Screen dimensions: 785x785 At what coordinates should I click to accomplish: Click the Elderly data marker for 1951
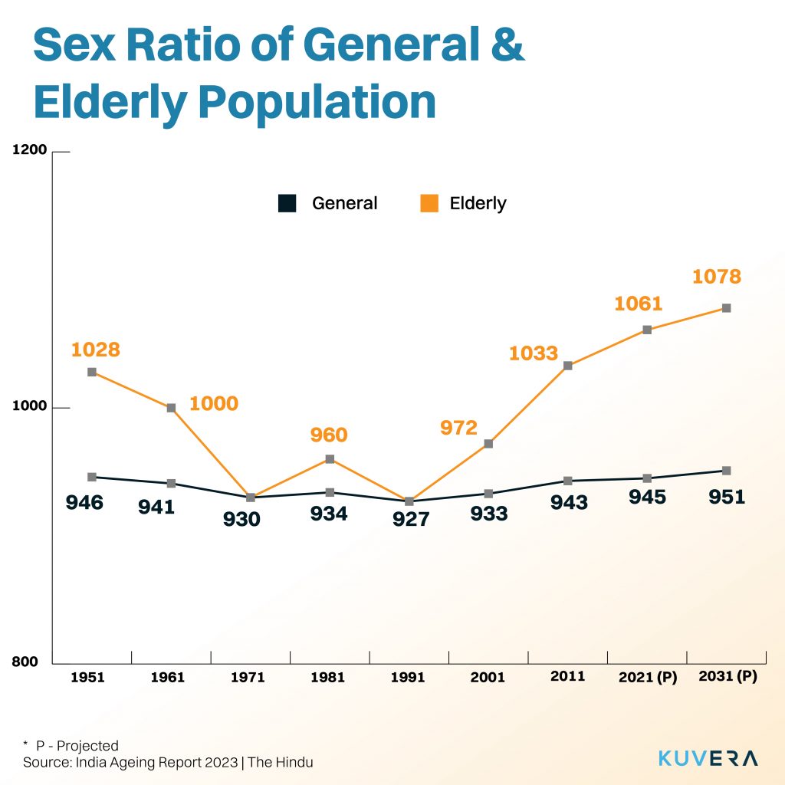(92, 372)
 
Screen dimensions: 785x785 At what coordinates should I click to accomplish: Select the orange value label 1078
(717, 276)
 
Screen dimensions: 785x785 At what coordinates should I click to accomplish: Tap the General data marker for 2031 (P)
(726, 471)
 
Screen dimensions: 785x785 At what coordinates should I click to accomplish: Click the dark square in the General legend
(287, 203)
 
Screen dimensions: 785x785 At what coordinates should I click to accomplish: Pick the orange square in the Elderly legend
(429, 203)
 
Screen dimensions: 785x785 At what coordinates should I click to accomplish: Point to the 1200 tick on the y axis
(31, 150)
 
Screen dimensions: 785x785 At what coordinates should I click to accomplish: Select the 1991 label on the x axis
(408, 678)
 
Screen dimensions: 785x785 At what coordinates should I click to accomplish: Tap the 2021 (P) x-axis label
(648, 678)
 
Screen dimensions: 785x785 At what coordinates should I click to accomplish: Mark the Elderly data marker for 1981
(329, 459)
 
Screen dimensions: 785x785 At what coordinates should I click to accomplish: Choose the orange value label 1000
(213, 403)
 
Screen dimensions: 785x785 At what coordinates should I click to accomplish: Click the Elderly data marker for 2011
(567, 366)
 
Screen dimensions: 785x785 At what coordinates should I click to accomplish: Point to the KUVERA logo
(708, 758)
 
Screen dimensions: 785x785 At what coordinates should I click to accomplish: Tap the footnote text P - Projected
(77, 746)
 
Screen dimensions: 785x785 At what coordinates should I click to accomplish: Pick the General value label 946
(84, 503)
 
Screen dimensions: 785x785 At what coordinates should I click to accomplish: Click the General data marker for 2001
(488, 494)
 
